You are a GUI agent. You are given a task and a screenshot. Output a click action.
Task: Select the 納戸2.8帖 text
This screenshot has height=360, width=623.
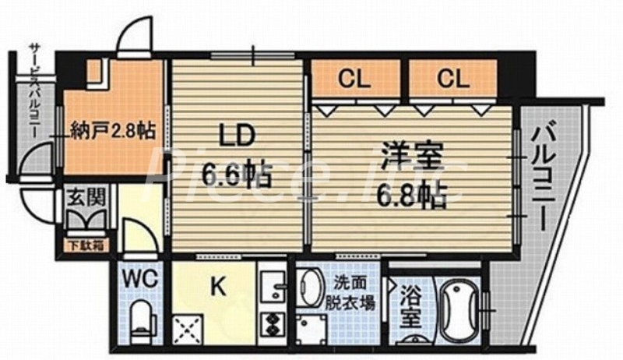[112, 129]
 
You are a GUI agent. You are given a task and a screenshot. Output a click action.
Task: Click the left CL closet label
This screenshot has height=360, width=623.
[355, 79]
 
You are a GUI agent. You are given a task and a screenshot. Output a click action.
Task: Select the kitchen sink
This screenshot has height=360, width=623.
[274, 284]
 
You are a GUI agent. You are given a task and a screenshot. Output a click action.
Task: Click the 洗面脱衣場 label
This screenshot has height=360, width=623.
[357, 295]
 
